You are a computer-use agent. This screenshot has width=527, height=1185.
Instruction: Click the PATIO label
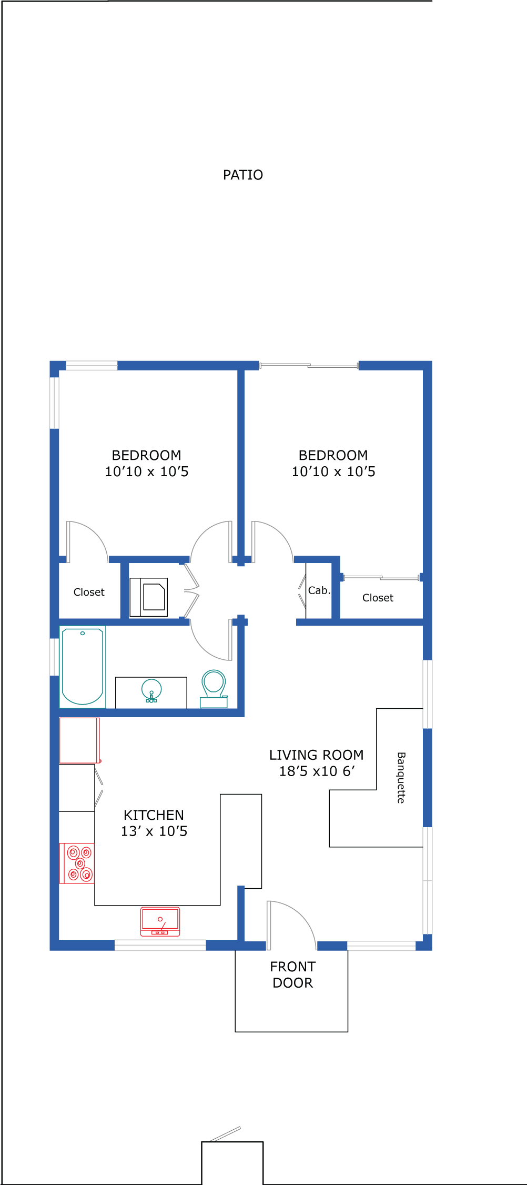[x=243, y=175]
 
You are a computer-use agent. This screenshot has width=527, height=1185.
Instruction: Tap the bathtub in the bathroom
[x=83, y=667]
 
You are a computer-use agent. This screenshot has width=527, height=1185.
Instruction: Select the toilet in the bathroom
[x=214, y=688]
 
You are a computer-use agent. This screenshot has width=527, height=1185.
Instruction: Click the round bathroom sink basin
[x=151, y=690]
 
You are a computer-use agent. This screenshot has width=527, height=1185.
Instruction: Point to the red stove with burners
[x=77, y=863]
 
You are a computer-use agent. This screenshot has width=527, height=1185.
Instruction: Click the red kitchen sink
[x=160, y=921]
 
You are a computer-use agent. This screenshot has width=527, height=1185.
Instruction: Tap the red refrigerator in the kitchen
[x=79, y=740]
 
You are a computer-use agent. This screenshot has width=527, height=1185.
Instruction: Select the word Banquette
[x=401, y=778]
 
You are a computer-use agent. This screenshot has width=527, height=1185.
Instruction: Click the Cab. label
[x=319, y=590]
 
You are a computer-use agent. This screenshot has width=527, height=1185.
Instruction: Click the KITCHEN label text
[x=154, y=815]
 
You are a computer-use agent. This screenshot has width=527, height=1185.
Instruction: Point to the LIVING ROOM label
[x=316, y=755]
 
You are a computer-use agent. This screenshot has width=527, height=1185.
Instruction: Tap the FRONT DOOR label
[x=292, y=975]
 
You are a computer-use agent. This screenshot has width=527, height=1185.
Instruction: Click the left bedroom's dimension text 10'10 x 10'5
[x=147, y=471]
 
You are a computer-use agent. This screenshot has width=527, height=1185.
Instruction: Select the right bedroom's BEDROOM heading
[x=333, y=455]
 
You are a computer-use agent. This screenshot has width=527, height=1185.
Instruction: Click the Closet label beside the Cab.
[x=378, y=598]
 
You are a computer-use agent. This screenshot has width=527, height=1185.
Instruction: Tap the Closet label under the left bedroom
[x=89, y=592]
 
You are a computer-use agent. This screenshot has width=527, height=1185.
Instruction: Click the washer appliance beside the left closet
[x=149, y=597]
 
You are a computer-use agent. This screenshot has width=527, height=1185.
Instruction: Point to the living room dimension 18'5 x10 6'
[x=317, y=771]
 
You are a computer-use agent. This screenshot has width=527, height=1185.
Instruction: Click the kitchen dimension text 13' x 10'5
[x=154, y=831]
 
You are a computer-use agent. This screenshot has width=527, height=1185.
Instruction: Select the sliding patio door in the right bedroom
[x=309, y=365]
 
